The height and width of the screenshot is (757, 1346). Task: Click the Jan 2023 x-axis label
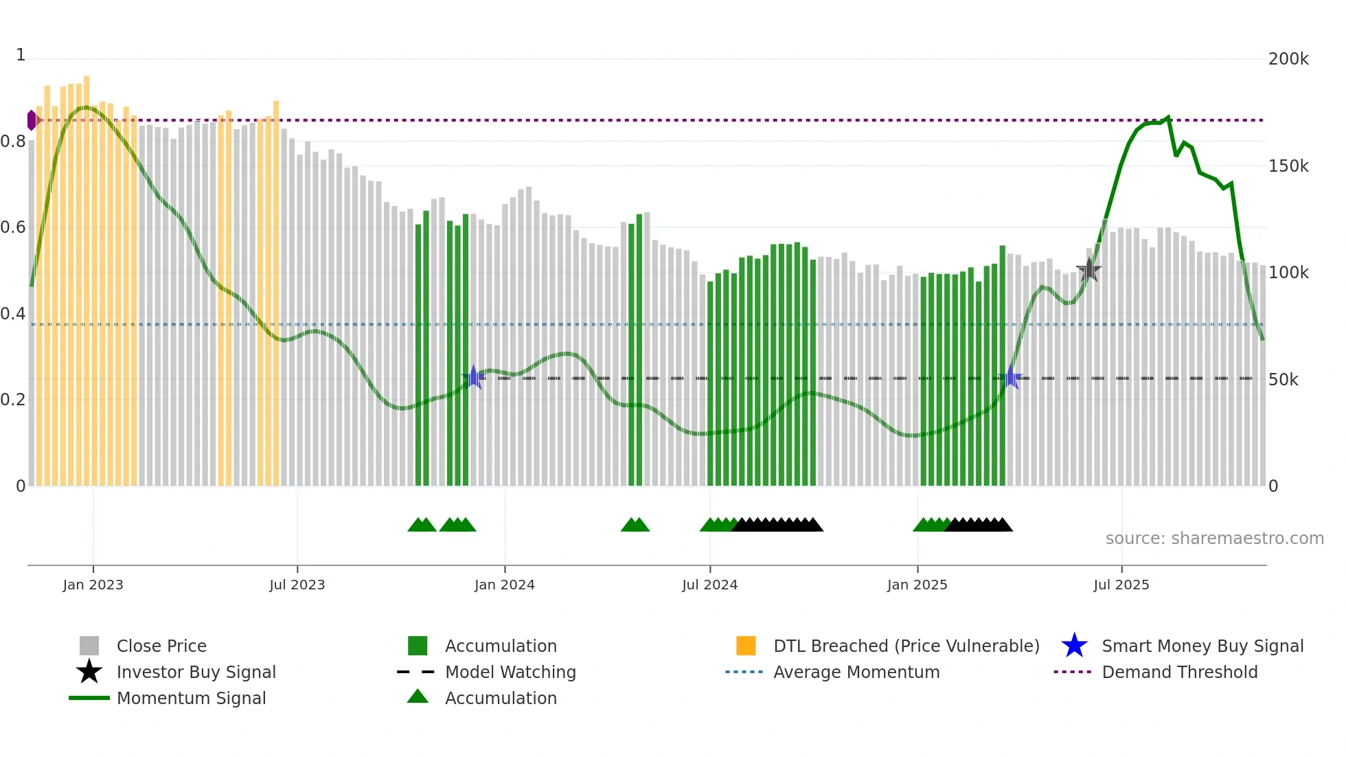pyautogui.click(x=93, y=585)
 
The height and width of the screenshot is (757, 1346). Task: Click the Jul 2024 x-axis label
pyautogui.click(x=709, y=585)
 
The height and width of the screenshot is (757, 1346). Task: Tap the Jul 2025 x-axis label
pyautogui.click(x=1121, y=585)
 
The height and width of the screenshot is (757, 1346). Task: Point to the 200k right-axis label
pyautogui.click(x=1288, y=59)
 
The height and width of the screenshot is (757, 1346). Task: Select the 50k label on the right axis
pyautogui.click(x=1283, y=380)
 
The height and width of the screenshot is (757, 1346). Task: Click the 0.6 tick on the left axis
pyautogui.click(x=13, y=227)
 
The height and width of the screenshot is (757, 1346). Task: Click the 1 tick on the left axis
pyautogui.click(x=21, y=55)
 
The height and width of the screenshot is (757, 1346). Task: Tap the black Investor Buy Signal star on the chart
pyautogui.click(x=1088, y=271)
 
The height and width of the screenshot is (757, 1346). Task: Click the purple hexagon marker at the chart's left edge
pyautogui.click(x=32, y=120)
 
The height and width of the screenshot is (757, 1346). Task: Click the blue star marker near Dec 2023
pyautogui.click(x=473, y=377)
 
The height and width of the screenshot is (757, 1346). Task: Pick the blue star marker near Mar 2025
pyautogui.click(x=1010, y=377)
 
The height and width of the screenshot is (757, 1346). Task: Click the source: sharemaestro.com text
pyautogui.click(x=1214, y=539)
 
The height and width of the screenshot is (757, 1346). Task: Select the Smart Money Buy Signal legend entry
pyautogui.click(x=1202, y=646)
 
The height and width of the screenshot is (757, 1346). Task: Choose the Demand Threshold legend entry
pyautogui.click(x=1179, y=673)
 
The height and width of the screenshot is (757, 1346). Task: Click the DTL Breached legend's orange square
pyautogui.click(x=746, y=646)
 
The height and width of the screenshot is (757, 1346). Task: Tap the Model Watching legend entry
pyautogui.click(x=510, y=673)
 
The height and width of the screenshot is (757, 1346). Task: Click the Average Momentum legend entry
pyautogui.click(x=856, y=673)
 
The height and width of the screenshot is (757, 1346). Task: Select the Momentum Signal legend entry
pyautogui.click(x=191, y=699)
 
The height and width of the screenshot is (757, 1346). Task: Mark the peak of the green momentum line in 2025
pyautogui.click(x=1168, y=117)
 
